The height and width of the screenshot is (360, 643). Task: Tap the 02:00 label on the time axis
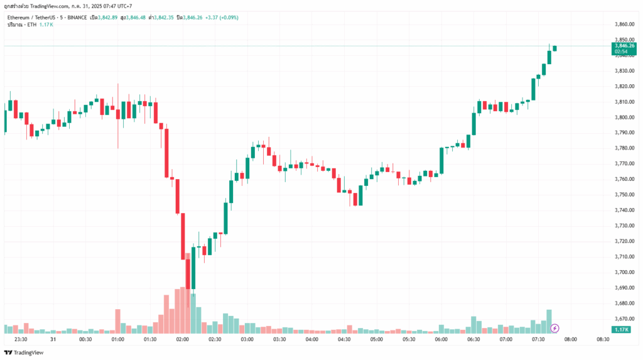coord(183,339)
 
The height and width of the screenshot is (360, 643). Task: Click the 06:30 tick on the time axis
coord(473,339)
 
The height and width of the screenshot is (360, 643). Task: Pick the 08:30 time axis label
coord(603,339)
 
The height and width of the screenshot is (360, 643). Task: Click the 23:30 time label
coord(21,339)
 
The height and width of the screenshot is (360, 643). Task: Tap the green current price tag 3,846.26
coord(623,46)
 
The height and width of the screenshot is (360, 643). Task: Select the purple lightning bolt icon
coord(555,328)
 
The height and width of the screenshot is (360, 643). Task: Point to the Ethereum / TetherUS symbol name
coord(32,17)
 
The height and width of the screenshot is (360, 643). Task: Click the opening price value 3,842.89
coord(108,17)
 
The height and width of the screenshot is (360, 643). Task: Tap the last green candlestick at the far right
coord(554,48)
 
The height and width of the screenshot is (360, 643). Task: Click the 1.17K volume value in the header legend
coord(46,24)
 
